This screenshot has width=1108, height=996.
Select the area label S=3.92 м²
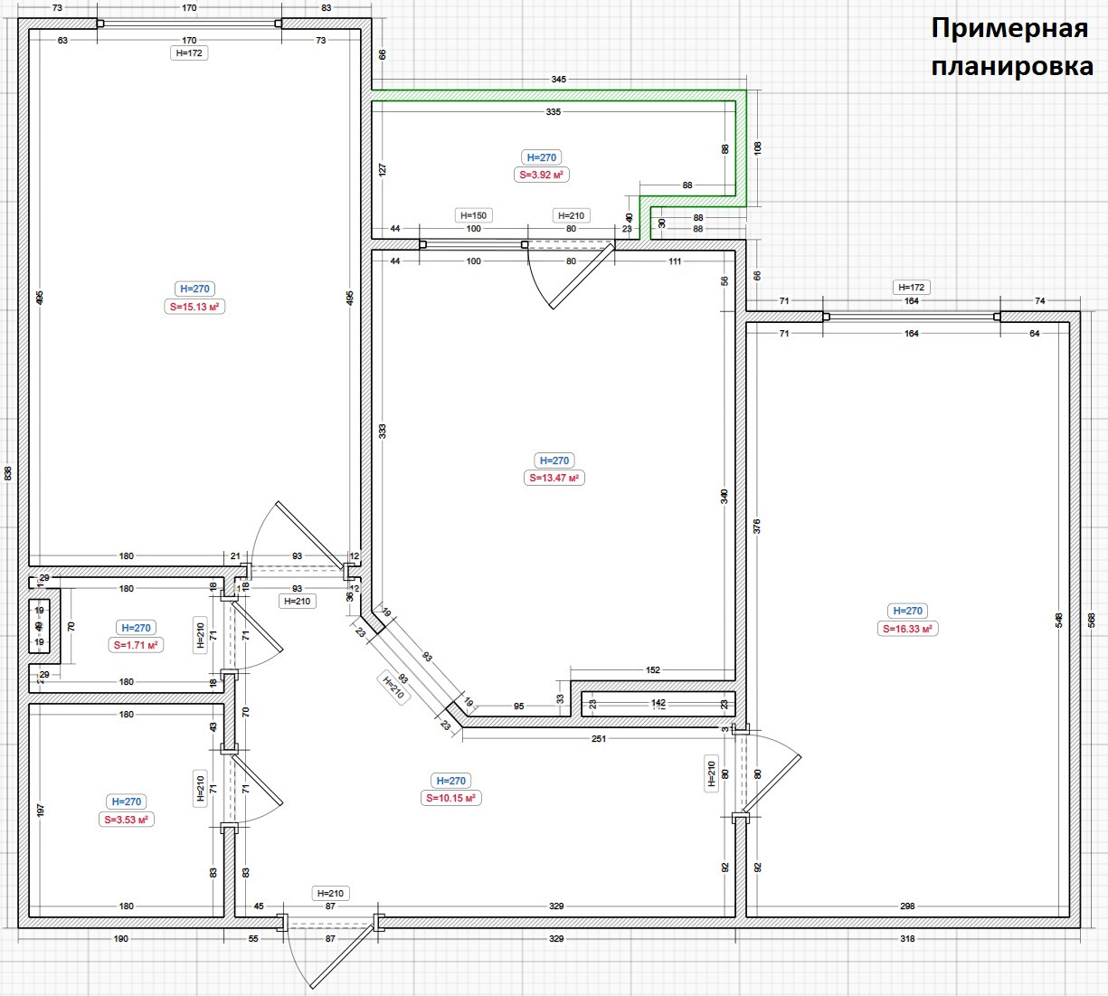(x=543, y=175)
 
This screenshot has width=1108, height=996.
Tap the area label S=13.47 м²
(x=554, y=478)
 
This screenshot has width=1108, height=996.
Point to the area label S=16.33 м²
(x=908, y=629)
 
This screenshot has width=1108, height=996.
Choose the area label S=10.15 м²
(x=451, y=798)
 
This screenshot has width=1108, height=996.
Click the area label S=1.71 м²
(x=136, y=645)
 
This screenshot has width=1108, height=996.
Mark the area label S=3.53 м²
(x=127, y=820)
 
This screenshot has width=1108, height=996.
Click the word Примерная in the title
(x=1009, y=28)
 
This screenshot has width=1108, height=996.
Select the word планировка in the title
(x=1011, y=66)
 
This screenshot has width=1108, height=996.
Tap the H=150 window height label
(x=473, y=215)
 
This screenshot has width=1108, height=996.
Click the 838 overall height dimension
(x=8, y=473)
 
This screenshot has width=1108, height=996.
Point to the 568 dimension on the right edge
(x=1092, y=620)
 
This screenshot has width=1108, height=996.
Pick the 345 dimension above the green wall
(x=558, y=80)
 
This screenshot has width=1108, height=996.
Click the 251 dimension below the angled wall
(x=598, y=738)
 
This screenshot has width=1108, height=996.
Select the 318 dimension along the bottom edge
(x=907, y=939)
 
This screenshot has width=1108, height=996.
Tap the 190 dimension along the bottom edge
(x=121, y=939)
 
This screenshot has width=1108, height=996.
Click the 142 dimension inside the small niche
(x=658, y=702)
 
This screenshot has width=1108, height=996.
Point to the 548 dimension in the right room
(x=1059, y=621)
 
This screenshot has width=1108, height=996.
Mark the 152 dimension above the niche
(x=653, y=670)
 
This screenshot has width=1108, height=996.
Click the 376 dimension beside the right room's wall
(x=757, y=526)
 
